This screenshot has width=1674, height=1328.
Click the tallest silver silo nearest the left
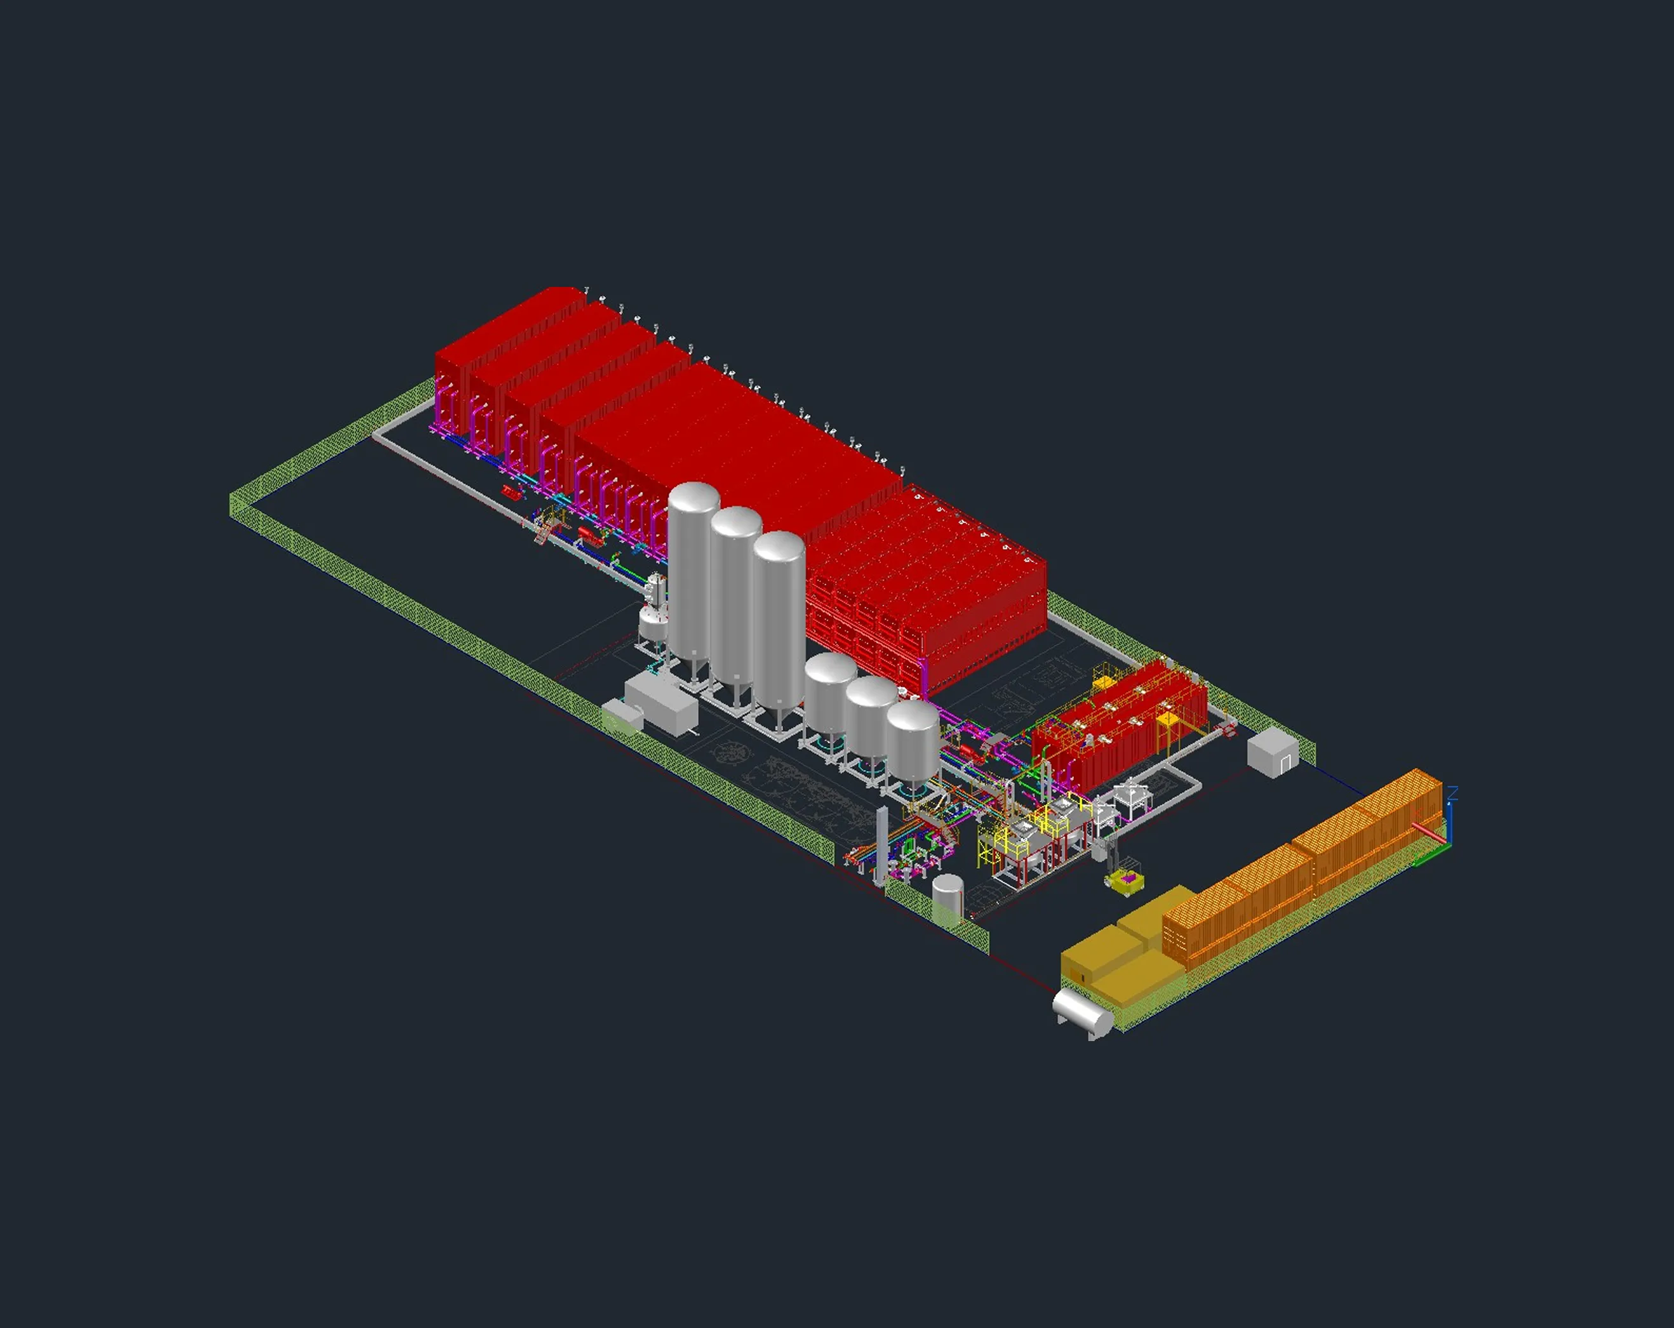click(x=693, y=574)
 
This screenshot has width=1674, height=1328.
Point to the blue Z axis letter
click(x=1453, y=792)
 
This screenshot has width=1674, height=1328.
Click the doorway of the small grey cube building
click(x=1285, y=764)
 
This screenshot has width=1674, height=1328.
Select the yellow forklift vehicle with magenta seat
click(x=1125, y=880)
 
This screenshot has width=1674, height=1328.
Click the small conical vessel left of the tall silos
click(x=652, y=621)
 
